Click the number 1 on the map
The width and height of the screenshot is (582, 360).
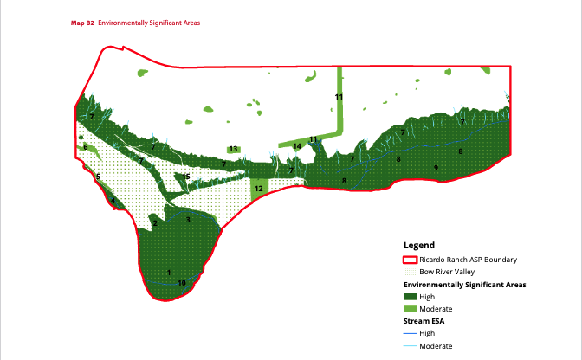[169, 273]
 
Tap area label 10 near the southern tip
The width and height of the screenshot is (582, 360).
[182, 283]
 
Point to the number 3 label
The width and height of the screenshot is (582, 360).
[188, 220]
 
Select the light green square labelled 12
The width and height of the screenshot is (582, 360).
[258, 188]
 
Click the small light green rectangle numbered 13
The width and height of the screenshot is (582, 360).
[233, 149]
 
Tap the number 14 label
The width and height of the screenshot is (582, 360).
[296, 146]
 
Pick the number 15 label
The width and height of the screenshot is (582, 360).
[185, 177]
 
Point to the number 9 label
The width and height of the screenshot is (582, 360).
[436, 167]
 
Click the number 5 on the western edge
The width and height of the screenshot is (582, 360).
[98, 177]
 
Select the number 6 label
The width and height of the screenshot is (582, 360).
[85, 146]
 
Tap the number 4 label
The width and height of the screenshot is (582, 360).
[113, 202]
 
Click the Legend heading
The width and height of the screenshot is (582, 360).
[419, 245]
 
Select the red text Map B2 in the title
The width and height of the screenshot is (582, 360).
[82, 22]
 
